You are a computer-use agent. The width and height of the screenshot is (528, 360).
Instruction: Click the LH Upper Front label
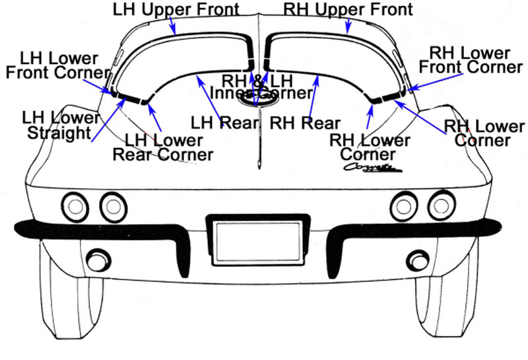click(176, 9)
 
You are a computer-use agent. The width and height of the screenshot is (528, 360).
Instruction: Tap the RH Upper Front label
click(348, 9)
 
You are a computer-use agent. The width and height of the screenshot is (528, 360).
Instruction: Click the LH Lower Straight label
click(60, 125)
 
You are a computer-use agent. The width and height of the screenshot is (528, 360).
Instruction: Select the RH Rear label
click(305, 123)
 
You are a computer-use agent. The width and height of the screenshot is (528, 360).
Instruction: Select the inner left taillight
click(113, 207)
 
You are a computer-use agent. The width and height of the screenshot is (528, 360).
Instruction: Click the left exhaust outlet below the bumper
click(98, 259)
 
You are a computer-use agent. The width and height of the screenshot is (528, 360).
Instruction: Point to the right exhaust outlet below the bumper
click(418, 260)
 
